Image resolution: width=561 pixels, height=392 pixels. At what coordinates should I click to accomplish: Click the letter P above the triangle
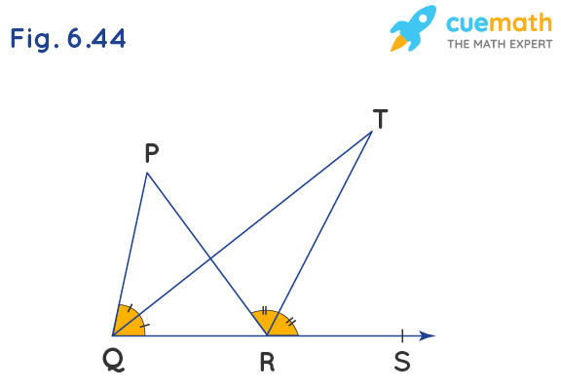[152, 153]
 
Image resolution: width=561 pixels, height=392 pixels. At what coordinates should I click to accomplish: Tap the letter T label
[380, 119]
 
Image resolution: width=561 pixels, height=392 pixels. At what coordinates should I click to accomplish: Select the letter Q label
[113, 360]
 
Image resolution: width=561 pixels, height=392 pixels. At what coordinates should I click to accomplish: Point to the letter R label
[267, 363]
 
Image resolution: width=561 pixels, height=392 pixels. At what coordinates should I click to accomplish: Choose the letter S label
[402, 362]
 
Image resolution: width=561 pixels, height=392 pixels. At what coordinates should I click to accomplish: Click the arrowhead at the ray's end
[427, 335]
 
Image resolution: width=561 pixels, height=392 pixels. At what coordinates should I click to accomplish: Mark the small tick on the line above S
[402, 335]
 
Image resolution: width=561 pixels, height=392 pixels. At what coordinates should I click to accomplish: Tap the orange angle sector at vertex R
[276, 325]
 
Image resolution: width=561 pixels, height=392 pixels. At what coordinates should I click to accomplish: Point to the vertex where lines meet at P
[147, 173]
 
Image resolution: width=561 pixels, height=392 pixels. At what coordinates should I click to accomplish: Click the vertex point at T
[372, 132]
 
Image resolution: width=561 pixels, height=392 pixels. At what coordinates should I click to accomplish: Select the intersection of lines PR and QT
[210, 258]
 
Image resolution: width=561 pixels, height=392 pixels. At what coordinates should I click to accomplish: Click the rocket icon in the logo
[414, 28]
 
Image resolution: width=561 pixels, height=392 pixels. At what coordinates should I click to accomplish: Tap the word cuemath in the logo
[500, 23]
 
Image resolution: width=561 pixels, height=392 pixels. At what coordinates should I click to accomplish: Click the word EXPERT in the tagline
[531, 44]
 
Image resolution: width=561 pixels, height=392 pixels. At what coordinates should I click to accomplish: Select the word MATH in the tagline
[489, 44]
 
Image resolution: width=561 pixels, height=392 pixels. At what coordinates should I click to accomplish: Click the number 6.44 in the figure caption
[96, 38]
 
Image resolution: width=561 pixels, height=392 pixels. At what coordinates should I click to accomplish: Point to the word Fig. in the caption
[35, 39]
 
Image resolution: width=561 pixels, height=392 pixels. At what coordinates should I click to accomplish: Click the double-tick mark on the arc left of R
[264, 311]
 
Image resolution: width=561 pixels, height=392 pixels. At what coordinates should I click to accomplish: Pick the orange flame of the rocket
[398, 43]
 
